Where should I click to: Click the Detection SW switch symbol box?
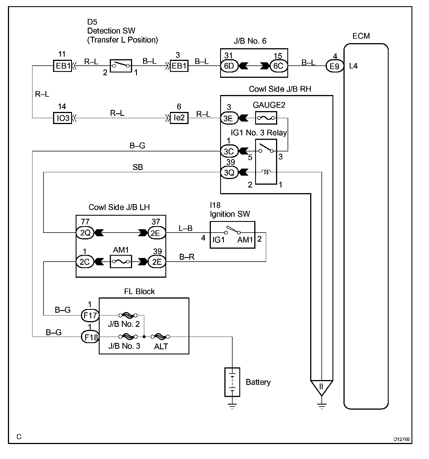[121, 66]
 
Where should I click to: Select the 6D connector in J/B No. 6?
[229, 66]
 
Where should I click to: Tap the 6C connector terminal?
[278, 66]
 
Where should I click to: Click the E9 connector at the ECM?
[335, 66]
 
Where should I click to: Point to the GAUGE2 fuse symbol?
[266, 118]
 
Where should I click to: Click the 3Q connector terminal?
[229, 172]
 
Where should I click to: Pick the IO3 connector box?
[63, 118]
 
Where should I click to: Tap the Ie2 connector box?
[179, 118]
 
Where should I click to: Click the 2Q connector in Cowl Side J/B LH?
[85, 233]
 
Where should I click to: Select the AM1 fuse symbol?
[121, 262]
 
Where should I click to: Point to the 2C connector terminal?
[85, 262]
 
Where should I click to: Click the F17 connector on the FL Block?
[90, 315]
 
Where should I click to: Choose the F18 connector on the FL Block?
[90, 337]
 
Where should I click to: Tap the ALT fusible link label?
[161, 347]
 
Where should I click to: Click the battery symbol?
[232, 382]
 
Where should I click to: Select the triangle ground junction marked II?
[322, 388]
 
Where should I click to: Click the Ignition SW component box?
[233, 235]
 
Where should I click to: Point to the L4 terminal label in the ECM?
[353, 66]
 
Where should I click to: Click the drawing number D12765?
[402, 439]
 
